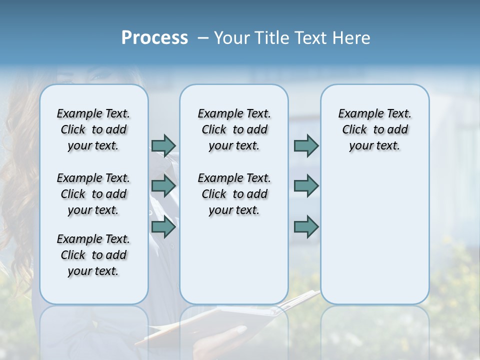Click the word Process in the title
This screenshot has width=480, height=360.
154,38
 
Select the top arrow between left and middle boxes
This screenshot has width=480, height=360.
163,145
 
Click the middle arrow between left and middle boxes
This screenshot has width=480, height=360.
163,186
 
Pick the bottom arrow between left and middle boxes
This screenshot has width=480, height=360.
163,227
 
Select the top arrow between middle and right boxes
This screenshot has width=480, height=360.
306,145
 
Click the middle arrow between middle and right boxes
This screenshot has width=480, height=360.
306,186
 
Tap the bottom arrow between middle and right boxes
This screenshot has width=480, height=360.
306,227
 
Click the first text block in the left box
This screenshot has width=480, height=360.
93,129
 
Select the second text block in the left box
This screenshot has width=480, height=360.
93,194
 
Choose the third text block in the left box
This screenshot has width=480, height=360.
93,255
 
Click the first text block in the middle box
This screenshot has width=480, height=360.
234,129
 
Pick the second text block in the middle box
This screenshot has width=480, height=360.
234,194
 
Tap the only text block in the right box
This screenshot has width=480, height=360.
374,129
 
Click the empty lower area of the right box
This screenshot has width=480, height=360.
374,240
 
